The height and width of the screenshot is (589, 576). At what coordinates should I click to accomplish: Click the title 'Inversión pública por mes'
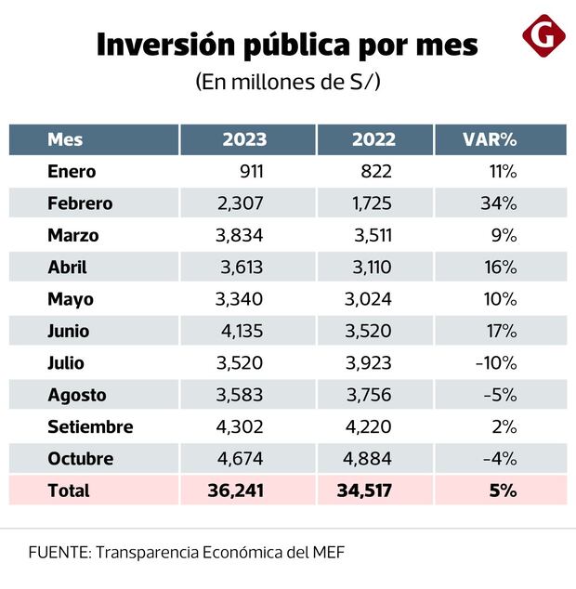coord(287,45)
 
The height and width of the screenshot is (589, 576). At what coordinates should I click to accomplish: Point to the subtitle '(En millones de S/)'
coord(288,81)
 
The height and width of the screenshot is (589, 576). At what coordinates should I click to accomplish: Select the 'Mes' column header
coord(65,139)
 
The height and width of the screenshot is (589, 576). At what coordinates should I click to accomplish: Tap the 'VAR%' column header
coord(490,139)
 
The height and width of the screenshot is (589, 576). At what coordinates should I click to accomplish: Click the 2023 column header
coord(244,139)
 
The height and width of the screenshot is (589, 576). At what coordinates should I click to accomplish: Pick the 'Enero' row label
coord(72,171)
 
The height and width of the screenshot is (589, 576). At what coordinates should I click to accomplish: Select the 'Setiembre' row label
coord(90,426)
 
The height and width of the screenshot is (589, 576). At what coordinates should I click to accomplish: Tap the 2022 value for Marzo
coord(373,235)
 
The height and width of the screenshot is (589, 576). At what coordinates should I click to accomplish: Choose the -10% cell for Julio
coord(495,362)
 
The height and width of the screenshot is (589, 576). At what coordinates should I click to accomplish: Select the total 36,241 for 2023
coord(236,491)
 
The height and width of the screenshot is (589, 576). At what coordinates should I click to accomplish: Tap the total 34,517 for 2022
coord(366,491)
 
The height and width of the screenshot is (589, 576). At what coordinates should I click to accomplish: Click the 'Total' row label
coord(69,491)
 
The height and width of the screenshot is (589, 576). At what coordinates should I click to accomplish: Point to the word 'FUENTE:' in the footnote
coord(58,552)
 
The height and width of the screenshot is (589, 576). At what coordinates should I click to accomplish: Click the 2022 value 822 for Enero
coord(377,171)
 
